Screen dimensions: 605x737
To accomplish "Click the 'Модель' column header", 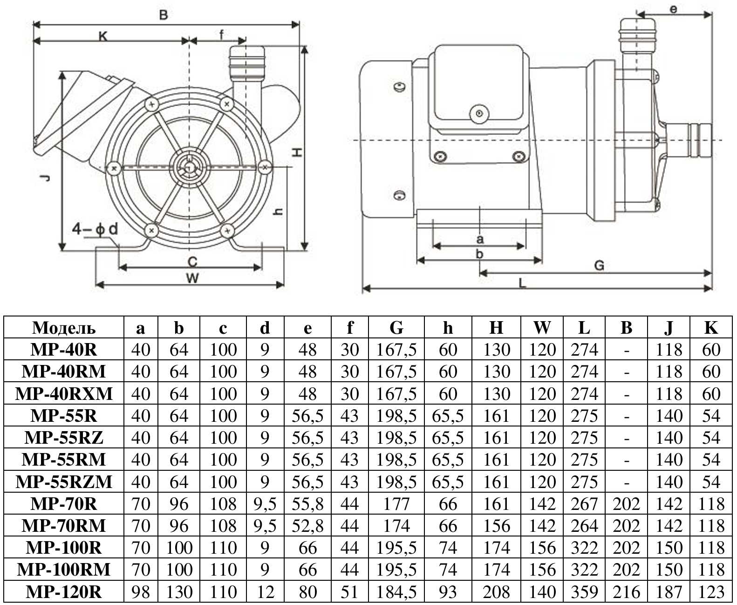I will [64, 328].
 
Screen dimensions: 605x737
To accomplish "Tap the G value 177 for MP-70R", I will [396, 504].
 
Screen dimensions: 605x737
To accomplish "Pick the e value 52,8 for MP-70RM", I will [307, 526].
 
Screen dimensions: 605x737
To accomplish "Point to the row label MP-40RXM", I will [64, 394].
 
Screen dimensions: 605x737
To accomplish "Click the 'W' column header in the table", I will [542, 328].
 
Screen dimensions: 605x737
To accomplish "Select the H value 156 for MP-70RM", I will [496, 526].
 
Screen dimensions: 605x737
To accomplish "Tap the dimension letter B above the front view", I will [164, 15].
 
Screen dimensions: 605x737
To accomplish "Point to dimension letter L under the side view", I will [523, 283].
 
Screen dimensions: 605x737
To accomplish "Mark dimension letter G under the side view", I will [599, 266].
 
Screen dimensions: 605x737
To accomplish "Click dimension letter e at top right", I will [674, 9].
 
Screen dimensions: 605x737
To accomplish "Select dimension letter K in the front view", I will [103, 36].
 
